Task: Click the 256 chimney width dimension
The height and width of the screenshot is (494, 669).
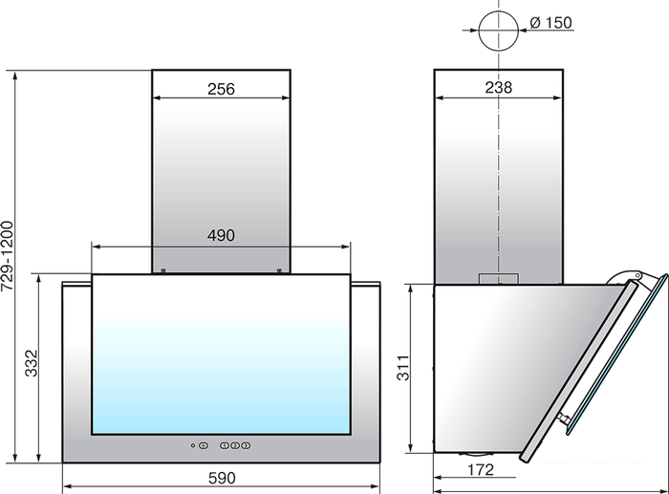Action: point(221,89)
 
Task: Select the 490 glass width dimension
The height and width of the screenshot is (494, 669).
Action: point(221,235)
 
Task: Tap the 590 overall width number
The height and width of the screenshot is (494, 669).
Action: point(222,478)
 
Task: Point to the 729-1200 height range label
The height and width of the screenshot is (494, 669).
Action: point(8,256)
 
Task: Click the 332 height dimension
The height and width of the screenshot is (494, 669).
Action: point(32,363)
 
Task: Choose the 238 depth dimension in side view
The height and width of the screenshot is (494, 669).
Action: point(498,88)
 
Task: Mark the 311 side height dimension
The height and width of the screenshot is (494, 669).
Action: point(403,367)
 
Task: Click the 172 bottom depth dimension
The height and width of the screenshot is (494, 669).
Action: point(481,470)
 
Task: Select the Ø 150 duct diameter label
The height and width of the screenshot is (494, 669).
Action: point(550,23)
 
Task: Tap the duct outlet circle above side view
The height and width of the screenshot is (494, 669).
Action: point(498,31)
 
